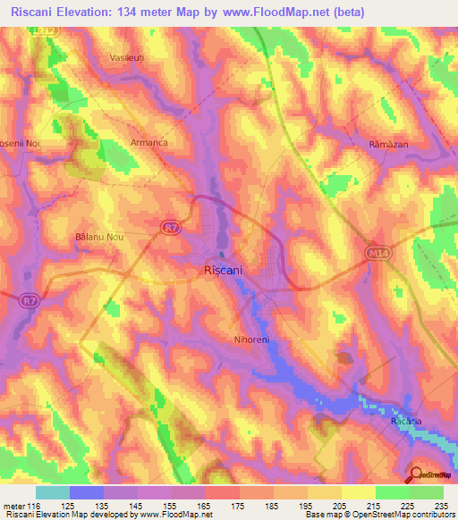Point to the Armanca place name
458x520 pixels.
(x=150, y=142)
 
